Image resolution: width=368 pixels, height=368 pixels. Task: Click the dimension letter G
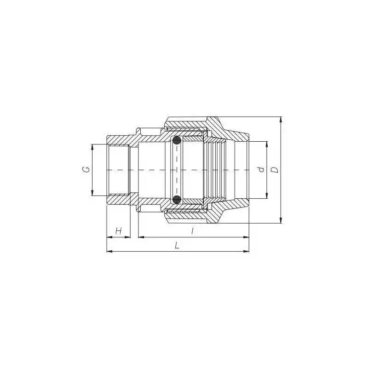(x=86, y=169)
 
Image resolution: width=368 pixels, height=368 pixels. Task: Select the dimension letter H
(x=119, y=231)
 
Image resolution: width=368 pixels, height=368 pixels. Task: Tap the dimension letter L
(x=177, y=246)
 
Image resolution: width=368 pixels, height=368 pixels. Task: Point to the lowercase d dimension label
(x=261, y=169)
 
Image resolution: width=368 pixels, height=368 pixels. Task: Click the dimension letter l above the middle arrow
(x=192, y=231)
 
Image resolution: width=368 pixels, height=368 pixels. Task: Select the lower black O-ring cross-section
(x=177, y=200)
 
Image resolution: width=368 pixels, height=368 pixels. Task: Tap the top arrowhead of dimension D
(x=281, y=120)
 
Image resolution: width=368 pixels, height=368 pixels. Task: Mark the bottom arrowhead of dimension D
(x=281, y=220)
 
